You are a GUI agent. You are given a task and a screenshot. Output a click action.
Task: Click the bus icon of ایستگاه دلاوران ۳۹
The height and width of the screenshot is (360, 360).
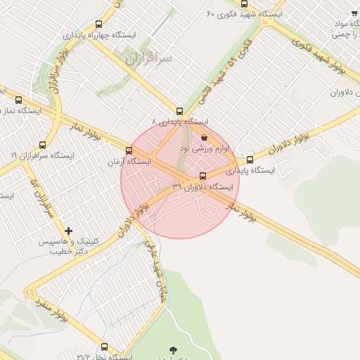pyautogui.click(x=203, y=176)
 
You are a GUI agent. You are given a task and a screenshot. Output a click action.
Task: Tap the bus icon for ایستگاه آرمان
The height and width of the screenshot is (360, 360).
pyautogui.click(x=128, y=150)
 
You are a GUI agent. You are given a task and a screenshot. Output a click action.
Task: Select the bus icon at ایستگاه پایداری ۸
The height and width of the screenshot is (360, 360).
pyautogui.click(x=179, y=111)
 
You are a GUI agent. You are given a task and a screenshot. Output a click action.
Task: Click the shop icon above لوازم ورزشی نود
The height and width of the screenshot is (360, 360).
pyautogui.click(x=204, y=137)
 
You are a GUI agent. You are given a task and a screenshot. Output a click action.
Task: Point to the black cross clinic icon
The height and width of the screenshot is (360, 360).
pyautogui.click(x=68, y=231)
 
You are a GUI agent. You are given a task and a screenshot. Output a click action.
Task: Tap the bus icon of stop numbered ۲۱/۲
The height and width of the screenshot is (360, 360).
pyautogui.click(x=105, y=347)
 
